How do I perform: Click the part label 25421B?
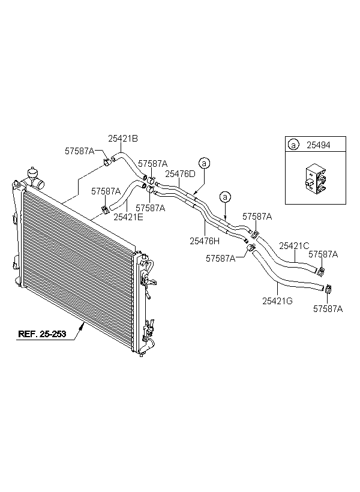pyautogui.click(x=123, y=138)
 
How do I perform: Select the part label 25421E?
pyautogui.click(x=128, y=217)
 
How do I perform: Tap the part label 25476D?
pyautogui.click(x=180, y=174)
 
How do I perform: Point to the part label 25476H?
pyautogui.click(x=205, y=241)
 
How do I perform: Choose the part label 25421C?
pyautogui.click(x=294, y=245)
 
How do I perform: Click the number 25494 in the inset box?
pyautogui.click(x=317, y=145)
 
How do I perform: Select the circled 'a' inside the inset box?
pyautogui.click(x=293, y=145)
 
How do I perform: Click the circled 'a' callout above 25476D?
pyautogui.click(x=204, y=163)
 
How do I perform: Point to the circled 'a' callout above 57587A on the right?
pyautogui.click(x=225, y=196)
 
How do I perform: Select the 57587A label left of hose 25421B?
pyautogui.click(x=79, y=151)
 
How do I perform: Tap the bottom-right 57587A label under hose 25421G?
pyautogui.click(x=328, y=309)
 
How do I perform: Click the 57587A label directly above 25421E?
pyautogui.click(x=106, y=191)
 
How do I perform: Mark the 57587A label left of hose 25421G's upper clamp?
pyautogui.click(x=220, y=259)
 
